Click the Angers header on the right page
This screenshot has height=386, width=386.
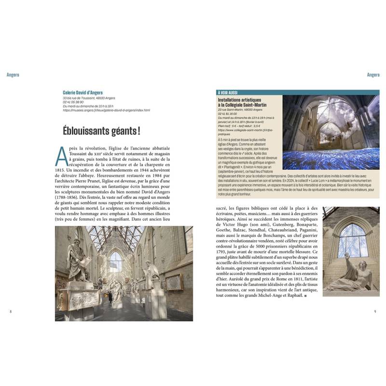pos(373,75)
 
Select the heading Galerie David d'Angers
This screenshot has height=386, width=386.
pos(83,92)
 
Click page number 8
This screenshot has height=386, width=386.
pos(11,311)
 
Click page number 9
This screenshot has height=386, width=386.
pos(375,311)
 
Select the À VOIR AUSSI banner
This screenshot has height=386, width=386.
pos(228,92)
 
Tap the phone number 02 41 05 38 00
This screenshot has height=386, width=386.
pos(73,102)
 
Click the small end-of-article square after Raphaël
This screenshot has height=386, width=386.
pos(306,294)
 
